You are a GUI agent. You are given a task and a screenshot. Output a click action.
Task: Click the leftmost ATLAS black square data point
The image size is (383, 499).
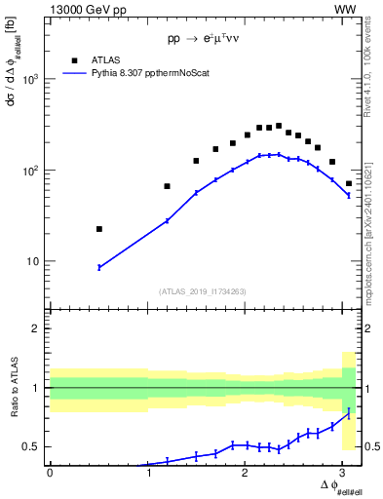(99, 229)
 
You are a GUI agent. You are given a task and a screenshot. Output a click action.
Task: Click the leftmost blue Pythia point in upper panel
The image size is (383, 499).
(99, 267)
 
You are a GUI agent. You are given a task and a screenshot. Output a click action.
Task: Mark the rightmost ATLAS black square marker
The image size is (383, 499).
(349, 183)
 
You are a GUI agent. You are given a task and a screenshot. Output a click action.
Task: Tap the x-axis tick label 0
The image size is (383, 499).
(50, 473)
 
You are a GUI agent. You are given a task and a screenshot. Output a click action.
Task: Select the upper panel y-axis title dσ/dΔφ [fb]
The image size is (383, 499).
(13, 68)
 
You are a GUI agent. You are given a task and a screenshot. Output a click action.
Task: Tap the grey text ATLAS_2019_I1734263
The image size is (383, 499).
(203, 290)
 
